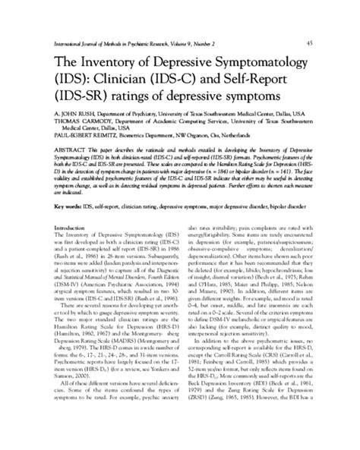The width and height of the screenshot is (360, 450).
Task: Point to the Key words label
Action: pos(71,227)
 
